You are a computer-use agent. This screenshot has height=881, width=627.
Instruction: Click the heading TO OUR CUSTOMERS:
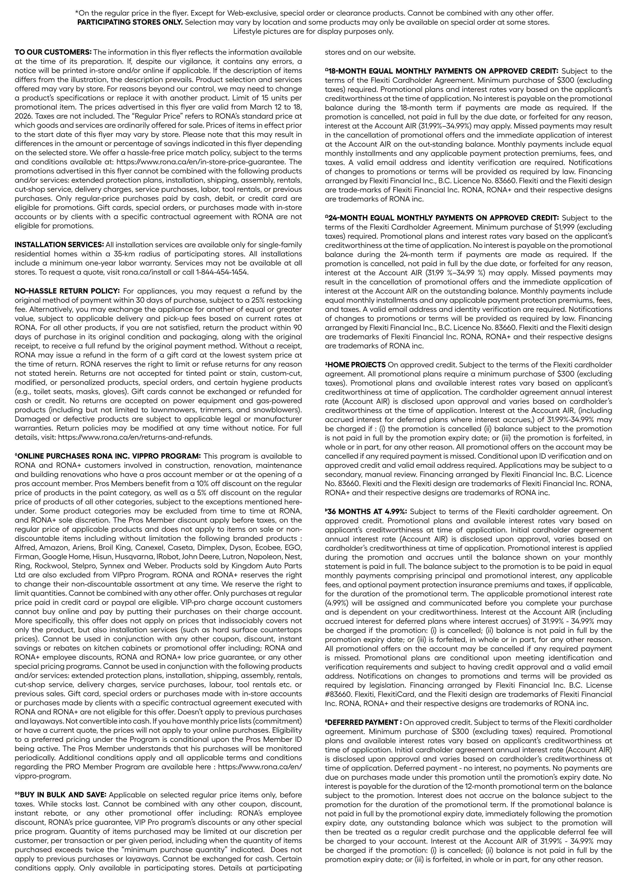click(x=53, y=52)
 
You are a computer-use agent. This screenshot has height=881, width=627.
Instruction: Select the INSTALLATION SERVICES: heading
click(x=59, y=244)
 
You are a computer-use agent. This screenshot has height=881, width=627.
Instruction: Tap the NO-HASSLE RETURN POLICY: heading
click(x=67, y=291)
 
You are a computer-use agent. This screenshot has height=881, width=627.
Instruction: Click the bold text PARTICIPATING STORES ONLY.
click(x=130, y=22)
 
